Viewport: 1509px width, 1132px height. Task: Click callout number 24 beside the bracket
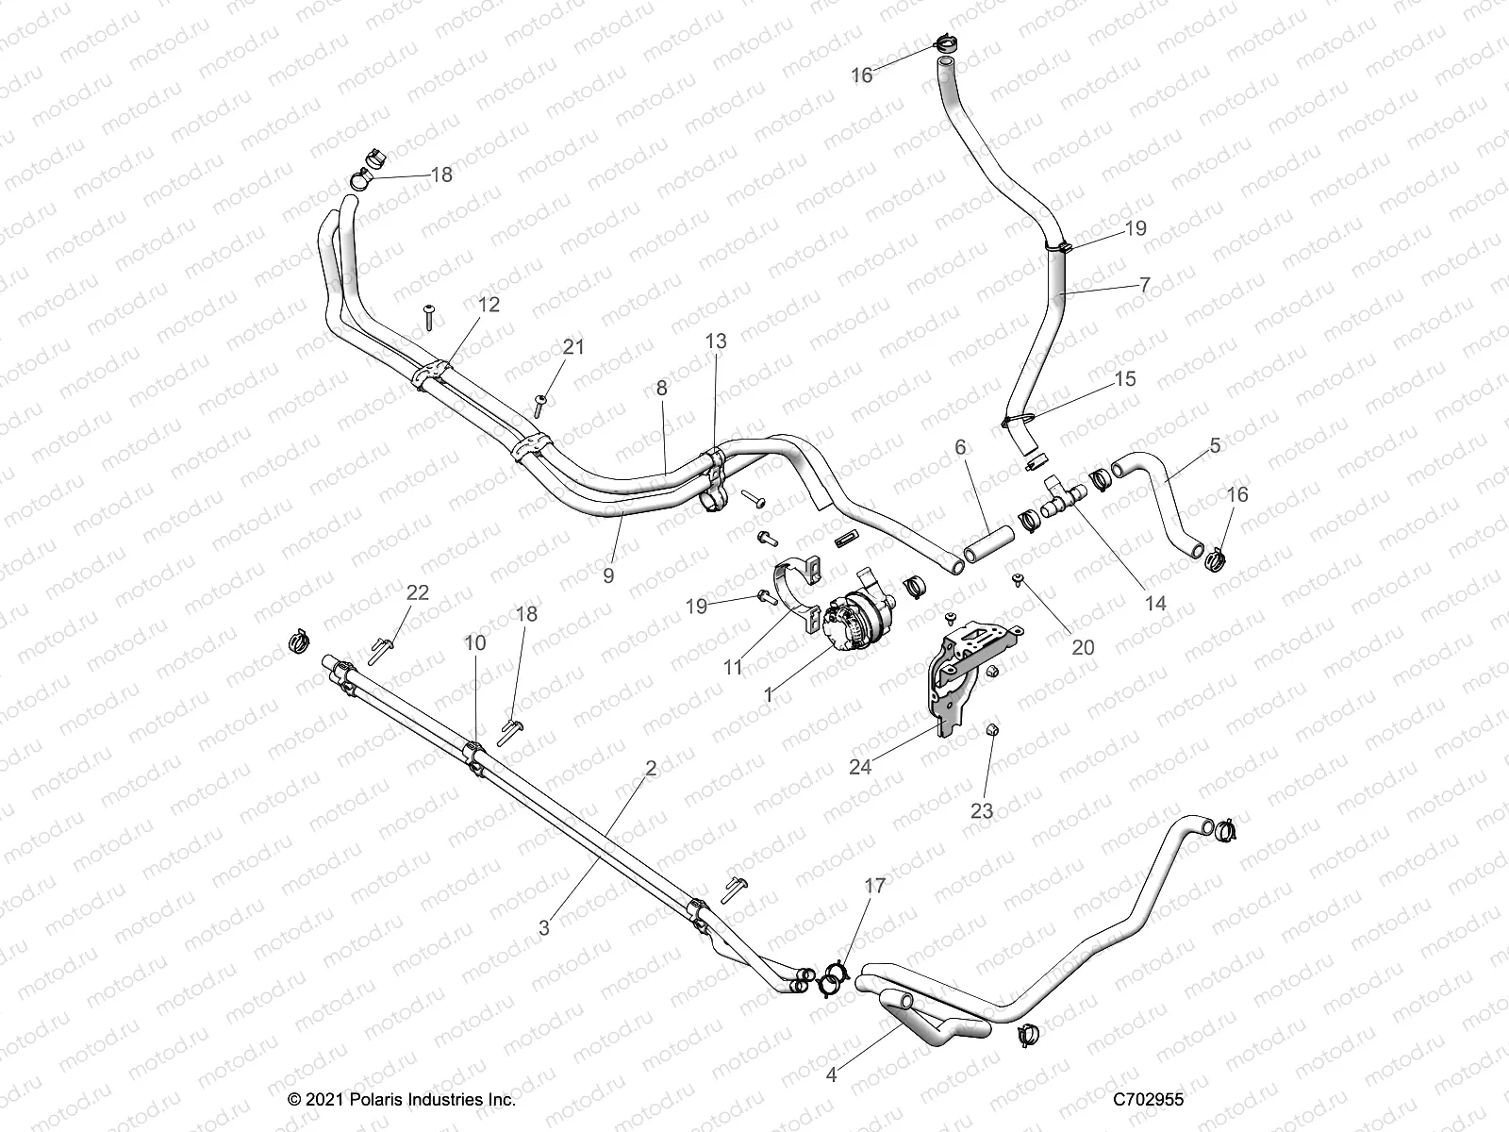point(860,767)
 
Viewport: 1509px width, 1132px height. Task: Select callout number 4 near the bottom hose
point(831,1073)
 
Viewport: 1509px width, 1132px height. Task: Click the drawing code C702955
point(1148,1099)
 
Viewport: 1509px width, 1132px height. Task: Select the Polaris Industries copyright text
point(402,1099)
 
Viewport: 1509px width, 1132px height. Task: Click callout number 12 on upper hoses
point(489,305)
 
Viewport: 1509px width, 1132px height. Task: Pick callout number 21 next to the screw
point(573,347)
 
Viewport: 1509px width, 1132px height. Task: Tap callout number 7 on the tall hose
point(1144,283)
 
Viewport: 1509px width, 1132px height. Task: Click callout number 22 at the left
point(417,593)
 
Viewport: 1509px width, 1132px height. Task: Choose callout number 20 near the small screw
point(1083,647)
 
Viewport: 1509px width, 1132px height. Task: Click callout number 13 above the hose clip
point(716,341)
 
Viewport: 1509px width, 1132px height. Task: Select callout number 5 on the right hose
point(1215,445)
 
